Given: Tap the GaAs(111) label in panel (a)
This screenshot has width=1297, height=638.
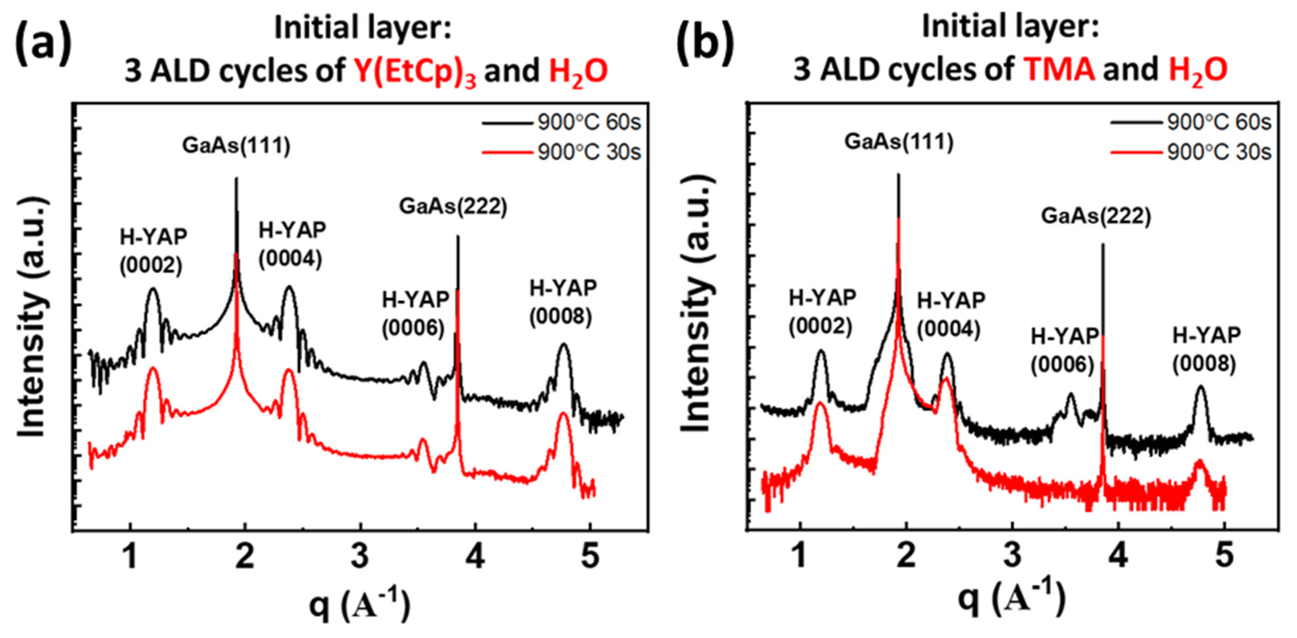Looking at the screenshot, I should [x=236, y=145].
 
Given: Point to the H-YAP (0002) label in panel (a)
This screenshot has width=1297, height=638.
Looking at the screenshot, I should [x=153, y=251].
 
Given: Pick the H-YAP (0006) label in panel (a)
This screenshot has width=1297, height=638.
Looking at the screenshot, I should [x=415, y=314].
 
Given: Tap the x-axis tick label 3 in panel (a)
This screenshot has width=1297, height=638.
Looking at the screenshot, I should [x=360, y=556].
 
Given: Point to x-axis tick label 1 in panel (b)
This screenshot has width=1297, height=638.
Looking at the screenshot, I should [x=800, y=556].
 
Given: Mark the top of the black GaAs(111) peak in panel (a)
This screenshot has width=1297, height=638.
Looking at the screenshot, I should [x=236, y=179].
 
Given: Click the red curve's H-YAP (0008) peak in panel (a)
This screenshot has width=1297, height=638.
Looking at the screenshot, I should [x=563, y=414].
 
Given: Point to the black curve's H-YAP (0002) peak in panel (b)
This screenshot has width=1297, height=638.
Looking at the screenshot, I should [x=821, y=351].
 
